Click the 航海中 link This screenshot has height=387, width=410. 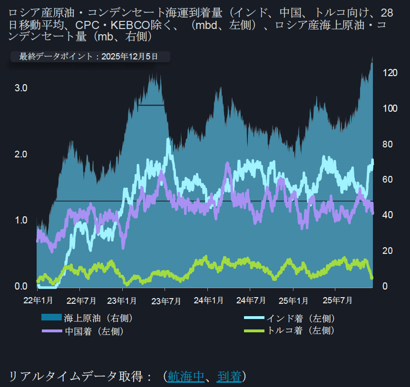(x=186, y=377)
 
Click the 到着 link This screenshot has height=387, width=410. (x=229, y=377)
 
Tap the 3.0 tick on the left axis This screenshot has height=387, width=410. (x=21, y=88)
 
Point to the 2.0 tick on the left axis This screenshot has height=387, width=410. (x=21, y=155)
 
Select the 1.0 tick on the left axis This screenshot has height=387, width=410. (x=21, y=221)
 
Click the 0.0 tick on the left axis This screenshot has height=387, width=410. (x=21, y=286)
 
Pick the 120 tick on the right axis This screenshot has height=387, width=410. (x=390, y=73)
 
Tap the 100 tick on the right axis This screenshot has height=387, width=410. (x=390, y=108)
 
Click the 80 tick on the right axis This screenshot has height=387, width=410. (x=388, y=144)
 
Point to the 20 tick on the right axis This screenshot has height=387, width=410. (x=388, y=251)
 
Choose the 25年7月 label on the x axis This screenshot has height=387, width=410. (x=336, y=300)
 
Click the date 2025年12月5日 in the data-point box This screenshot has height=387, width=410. (x=129, y=57)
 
